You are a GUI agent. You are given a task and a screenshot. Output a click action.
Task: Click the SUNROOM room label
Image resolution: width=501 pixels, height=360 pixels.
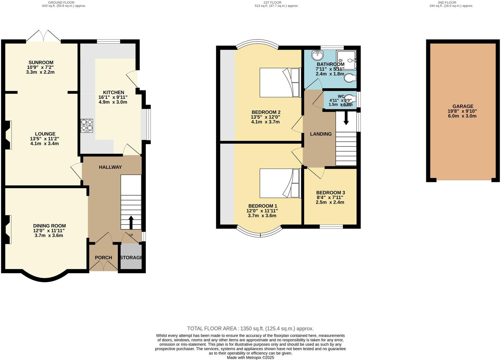tap(41, 62)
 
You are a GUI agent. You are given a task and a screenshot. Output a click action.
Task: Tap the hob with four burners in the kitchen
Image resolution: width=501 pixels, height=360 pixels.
tap(87, 126)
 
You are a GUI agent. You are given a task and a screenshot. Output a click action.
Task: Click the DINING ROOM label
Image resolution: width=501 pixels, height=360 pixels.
tap(49, 226)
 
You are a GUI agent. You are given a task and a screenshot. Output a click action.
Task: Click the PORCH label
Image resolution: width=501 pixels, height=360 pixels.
tap(103, 258)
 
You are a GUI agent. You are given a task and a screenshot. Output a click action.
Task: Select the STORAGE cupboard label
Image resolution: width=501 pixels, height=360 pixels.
tap(131, 258)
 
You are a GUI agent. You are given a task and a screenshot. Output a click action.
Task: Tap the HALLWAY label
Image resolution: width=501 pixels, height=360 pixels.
tap(110, 167)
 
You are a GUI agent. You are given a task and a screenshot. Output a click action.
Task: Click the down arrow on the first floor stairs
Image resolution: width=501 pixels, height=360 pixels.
tap(346, 118)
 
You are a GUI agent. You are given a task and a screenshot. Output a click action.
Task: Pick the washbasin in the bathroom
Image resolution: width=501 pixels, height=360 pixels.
tap(317, 55)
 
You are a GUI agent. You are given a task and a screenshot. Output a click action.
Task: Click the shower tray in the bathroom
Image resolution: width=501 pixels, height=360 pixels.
tap(346, 60)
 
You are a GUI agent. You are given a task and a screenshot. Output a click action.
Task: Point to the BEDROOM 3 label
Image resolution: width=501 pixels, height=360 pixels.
tap(330, 193)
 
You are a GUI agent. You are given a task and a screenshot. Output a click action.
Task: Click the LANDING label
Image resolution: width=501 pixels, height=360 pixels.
tap(321, 134)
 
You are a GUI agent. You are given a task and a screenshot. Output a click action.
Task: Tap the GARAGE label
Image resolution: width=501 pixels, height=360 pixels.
tap(463, 106)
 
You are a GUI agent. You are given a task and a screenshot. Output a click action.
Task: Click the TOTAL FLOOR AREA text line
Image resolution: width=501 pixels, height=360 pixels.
tap(250, 328)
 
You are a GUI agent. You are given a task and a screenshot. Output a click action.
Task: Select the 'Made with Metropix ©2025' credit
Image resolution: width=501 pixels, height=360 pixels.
tap(250, 357)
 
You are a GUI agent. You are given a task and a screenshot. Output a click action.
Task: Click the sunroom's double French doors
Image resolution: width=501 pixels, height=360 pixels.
tap(44, 36)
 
